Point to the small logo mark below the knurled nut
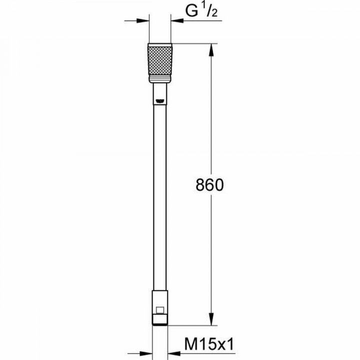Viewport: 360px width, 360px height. [160, 100]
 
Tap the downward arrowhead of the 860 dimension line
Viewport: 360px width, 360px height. [212, 320]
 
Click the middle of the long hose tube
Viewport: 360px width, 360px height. [160, 200]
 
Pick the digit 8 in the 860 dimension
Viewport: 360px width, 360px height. [198, 185]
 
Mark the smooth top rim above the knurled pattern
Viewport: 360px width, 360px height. [160, 45]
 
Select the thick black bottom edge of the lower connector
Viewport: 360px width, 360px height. [160, 323]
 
